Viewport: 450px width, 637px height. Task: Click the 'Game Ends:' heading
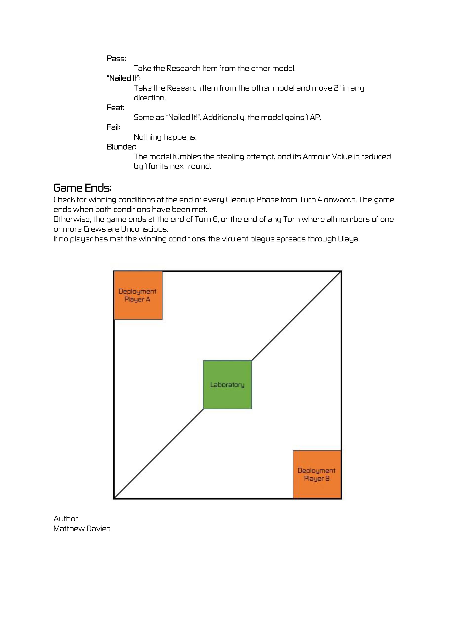[x=82, y=188]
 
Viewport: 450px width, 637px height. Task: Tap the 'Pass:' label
[x=116, y=58]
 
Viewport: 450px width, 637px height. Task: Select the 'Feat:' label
[x=115, y=108]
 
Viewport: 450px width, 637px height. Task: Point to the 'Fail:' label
[x=113, y=127]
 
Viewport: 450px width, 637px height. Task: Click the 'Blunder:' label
[x=121, y=147]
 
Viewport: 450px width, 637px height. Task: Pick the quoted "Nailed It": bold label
[x=124, y=78]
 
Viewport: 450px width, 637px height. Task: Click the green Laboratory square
[x=227, y=384]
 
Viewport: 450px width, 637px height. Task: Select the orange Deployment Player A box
[x=138, y=295]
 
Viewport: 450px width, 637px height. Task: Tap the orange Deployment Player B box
[x=317, y=474]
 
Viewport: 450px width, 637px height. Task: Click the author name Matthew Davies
[x=82, y=528]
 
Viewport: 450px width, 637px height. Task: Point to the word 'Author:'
[x=67, y=518]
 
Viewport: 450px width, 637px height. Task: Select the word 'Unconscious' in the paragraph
[x=144, y=229]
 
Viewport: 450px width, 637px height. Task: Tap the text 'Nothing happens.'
[x=165, y=137]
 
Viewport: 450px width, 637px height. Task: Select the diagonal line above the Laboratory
[x=296, y=316]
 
